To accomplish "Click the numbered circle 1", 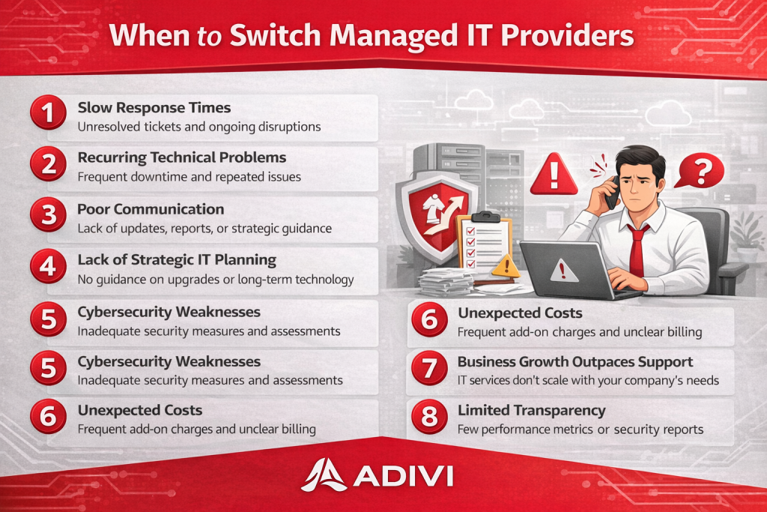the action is [x=48, y=112].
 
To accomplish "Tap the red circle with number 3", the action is [x=48, y=214].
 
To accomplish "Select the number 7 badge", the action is [x=429, y=367].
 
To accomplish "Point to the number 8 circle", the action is [x=429, y=417].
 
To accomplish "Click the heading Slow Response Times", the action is [x=154, y=108].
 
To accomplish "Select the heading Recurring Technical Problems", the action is [x=182, y=157].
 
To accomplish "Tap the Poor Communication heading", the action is [x=151, y=209].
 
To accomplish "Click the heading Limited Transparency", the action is [x=532, y=410].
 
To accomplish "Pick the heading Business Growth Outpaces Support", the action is [x=575, y=362].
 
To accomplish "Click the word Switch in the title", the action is [x=275, y=36].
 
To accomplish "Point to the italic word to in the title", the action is [x=210, y=37].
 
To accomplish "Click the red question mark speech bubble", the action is [x=700, y=171].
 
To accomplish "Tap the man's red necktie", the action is [x=637, y=250].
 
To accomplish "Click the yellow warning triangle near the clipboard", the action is [x=506, y=266].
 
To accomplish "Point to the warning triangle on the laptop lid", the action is [x=563, y=271].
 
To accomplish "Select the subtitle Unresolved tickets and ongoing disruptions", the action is [x=199, y=127].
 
